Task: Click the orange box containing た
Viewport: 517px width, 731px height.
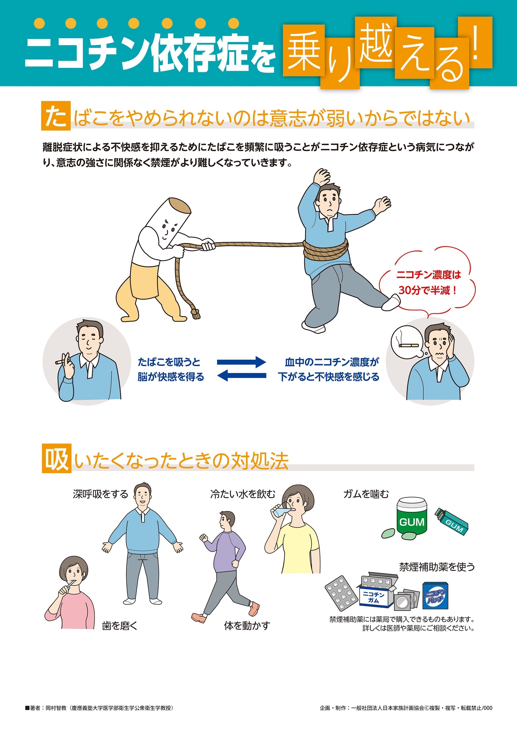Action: click(56, 116)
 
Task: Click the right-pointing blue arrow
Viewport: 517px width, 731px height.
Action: click(241, 362)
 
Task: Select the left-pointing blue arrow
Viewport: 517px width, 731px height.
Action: click(241, 376)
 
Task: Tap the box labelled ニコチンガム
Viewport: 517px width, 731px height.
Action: click(374, 597)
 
